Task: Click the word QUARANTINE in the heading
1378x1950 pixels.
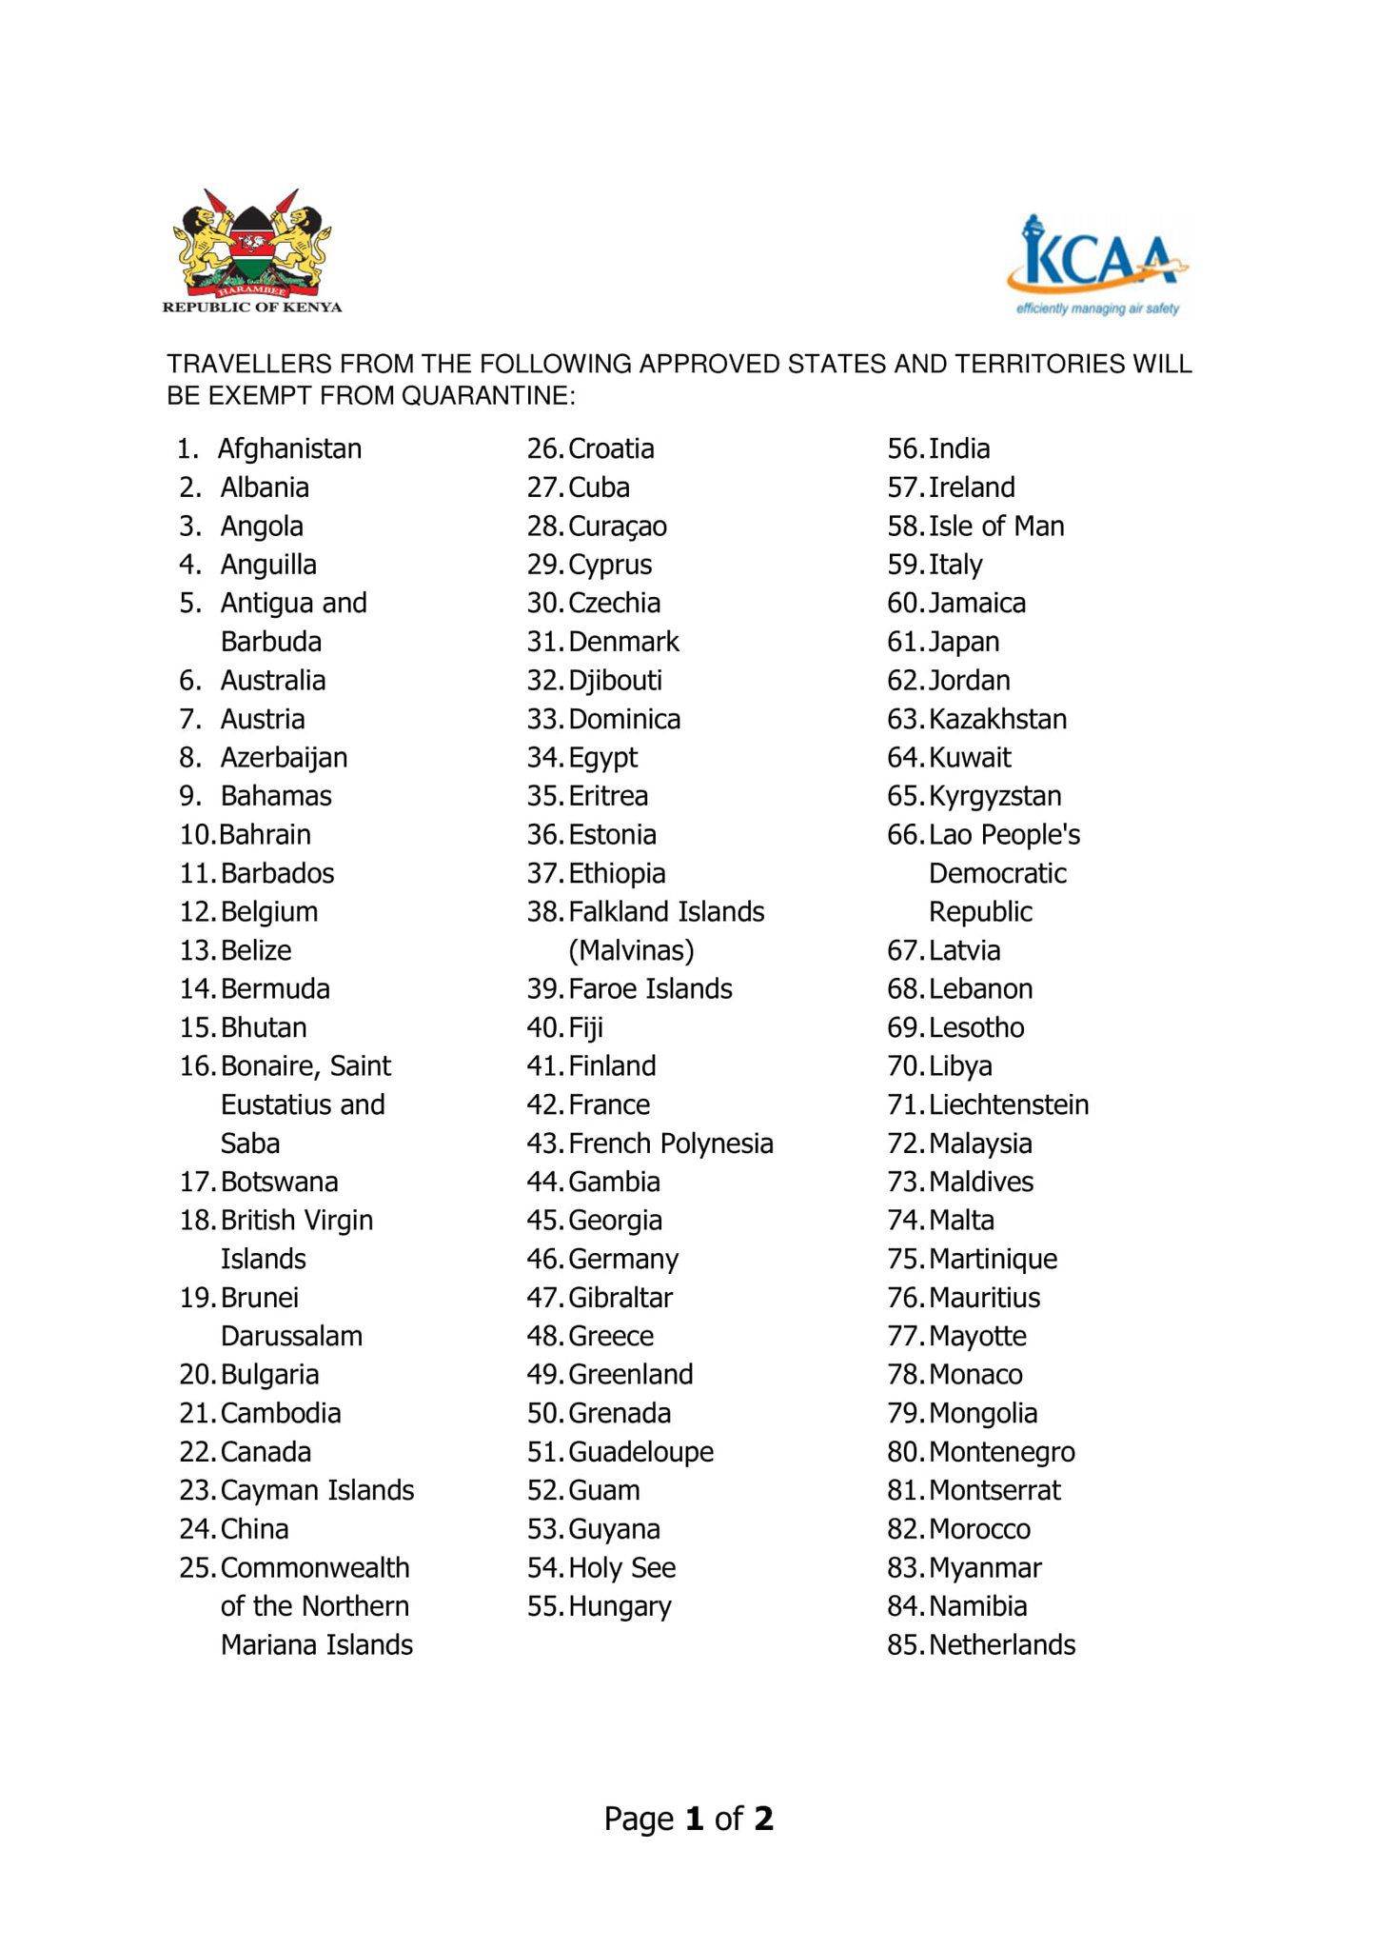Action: tap(488, 395)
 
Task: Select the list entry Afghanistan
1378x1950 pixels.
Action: tap(289, 448)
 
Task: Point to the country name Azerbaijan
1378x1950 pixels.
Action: tap(284, 758)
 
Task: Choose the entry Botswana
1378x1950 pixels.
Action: tap(279, 1182)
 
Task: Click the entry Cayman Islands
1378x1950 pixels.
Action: tap(317, 1490)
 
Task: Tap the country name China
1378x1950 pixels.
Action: tap(254, 1529)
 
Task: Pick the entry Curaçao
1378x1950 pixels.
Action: tap(618, 526)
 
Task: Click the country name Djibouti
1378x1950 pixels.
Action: tap(615, 680)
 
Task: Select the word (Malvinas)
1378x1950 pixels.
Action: tap(631, 950)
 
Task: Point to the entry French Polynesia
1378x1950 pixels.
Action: tap(670, 1143)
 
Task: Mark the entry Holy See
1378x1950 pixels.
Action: tap(622, 1567)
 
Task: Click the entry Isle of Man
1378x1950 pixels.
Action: tap(996, 526)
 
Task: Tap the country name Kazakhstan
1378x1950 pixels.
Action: tap(997, 719)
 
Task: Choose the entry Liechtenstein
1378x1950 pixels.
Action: tap(1009, 1104)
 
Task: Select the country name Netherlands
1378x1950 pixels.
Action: tap(1002, 1644)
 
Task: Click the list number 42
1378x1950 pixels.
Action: tap(544, 1104)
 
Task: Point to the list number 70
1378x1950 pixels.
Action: tap(904, 1065)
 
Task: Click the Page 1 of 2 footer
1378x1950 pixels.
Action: tap(689, 1819)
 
